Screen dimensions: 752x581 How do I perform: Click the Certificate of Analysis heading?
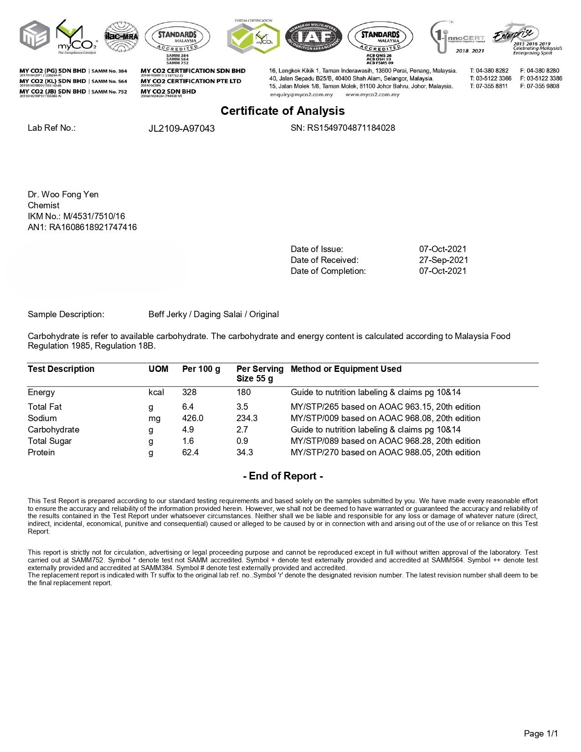(x=283, y=111)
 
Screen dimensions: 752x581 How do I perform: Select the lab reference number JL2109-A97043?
(x=181, y=129)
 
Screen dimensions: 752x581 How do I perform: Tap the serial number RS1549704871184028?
(x=343, y=128)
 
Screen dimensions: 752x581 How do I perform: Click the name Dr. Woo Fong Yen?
(x=63, y=195)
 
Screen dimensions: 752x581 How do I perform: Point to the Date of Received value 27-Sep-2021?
(x=443, y=260)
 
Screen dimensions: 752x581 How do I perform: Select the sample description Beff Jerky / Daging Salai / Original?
(x=213, y=314)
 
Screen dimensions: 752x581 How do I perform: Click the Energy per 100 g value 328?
(x=189, y=392)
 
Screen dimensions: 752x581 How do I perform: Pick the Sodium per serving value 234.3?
(x=247, y=418)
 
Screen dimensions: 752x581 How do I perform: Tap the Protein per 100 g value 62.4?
(x=190, y=453)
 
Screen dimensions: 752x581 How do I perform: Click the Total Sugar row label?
(x=49, y=441)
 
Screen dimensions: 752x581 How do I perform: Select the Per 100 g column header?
(x=201, y=369)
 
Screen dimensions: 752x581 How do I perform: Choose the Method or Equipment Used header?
(x=346, y=369)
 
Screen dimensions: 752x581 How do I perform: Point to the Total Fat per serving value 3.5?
(x=242, y=407)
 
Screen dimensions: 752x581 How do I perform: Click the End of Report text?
(x=283, y=476)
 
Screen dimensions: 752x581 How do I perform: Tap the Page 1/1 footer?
(x=540, y=733)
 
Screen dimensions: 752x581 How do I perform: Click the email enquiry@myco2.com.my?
(x=301, y=95)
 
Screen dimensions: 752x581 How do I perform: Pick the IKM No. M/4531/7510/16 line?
(x=76, y=216)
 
